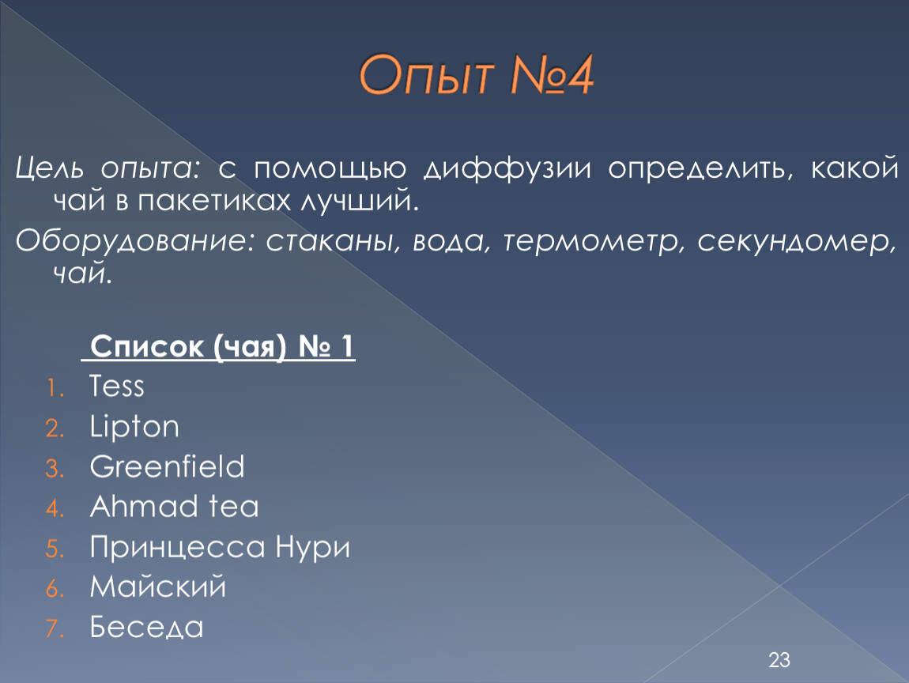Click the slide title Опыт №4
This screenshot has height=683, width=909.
(x=476, y=75)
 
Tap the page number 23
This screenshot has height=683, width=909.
(x=779, y=660)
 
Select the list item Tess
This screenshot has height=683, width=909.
(x=116, y=386)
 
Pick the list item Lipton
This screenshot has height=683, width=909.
(x=134, y=428)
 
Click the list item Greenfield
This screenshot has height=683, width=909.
(x=168, y=466)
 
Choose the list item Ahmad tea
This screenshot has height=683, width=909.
(x=175, y=506)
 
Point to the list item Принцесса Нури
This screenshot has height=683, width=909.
(x=221, y=548)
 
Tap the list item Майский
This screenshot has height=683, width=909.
(x=157, y=587)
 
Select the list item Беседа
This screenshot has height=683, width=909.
(x=147, y=628)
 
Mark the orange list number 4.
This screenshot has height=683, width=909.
(x=55, y=508)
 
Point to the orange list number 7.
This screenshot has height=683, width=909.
(x=55, y=629)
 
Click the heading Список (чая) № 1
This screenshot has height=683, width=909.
(x=221, y=346)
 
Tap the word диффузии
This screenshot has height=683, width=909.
(x=507, y=168)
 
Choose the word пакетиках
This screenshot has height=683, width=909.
(x=214, y=202)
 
